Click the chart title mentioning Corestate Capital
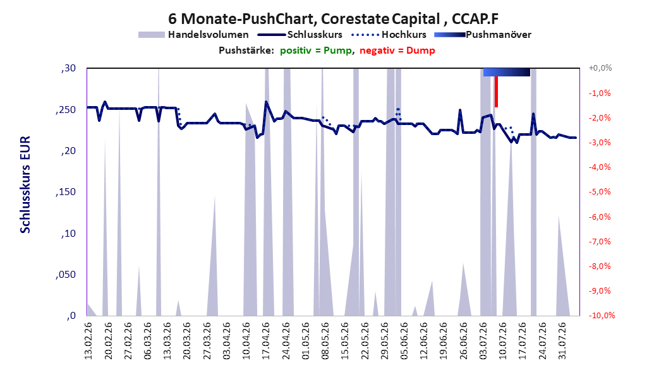click(333, 19)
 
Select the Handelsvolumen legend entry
click(193, 35)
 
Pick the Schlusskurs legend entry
click(300, 35)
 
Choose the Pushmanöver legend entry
click(483, 35)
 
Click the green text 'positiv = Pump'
click(316, 51)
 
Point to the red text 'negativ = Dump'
click(397, 51)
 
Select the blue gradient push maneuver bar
click(507, 72)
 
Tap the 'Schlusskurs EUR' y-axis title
click(25, 184)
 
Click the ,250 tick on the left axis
click(66, 109)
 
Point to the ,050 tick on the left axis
click(66, 275)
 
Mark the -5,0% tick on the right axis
click(600, 192)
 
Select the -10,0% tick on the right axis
click(602, 315)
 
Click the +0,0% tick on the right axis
click(600, 68)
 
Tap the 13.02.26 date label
click(88, 341)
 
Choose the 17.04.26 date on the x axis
click(266, 341)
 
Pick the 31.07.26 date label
click(562, 341)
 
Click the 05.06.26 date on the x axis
click(404, 341)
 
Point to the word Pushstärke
click(246, 51)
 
